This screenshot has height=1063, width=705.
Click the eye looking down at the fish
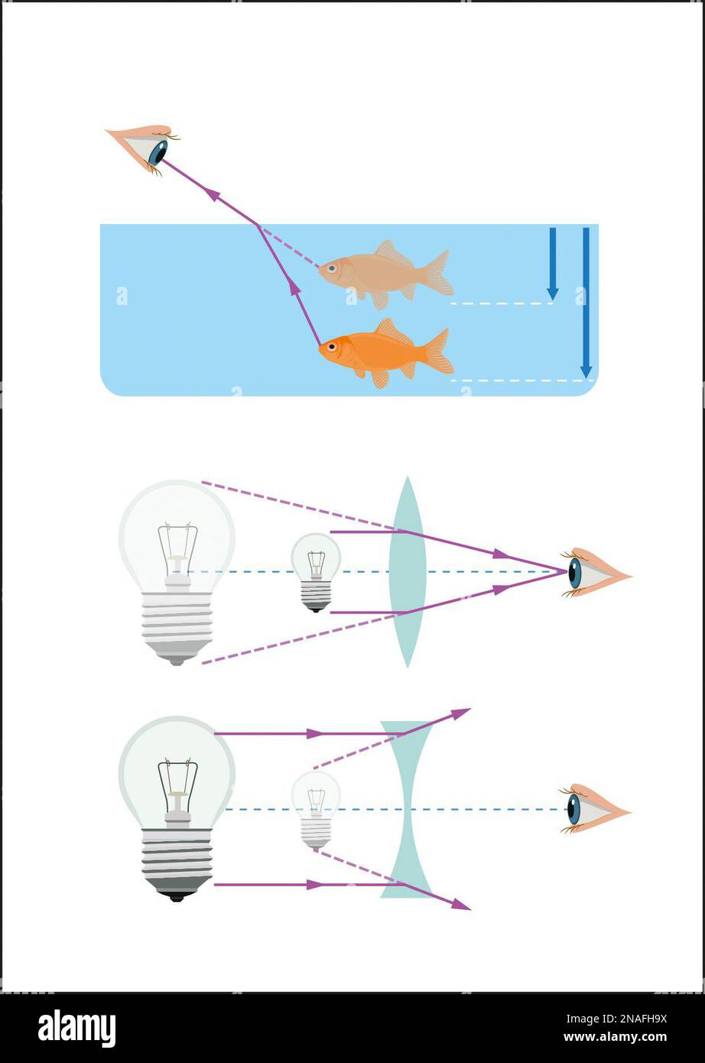145,148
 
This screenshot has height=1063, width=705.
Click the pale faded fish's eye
332,268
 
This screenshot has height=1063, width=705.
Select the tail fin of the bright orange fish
439,351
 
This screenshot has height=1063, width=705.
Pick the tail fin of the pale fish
439,273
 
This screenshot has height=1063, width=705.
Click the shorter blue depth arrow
552,264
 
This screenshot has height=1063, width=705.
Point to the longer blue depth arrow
586,303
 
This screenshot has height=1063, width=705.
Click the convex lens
408,572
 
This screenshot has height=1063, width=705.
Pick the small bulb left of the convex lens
316,572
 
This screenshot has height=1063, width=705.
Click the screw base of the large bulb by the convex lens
177,627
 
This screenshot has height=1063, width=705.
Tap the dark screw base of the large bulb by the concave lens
177,865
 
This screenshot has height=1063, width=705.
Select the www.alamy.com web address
616,1037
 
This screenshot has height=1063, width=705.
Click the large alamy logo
77,1026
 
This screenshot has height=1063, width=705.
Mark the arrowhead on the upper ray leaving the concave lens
460,714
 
